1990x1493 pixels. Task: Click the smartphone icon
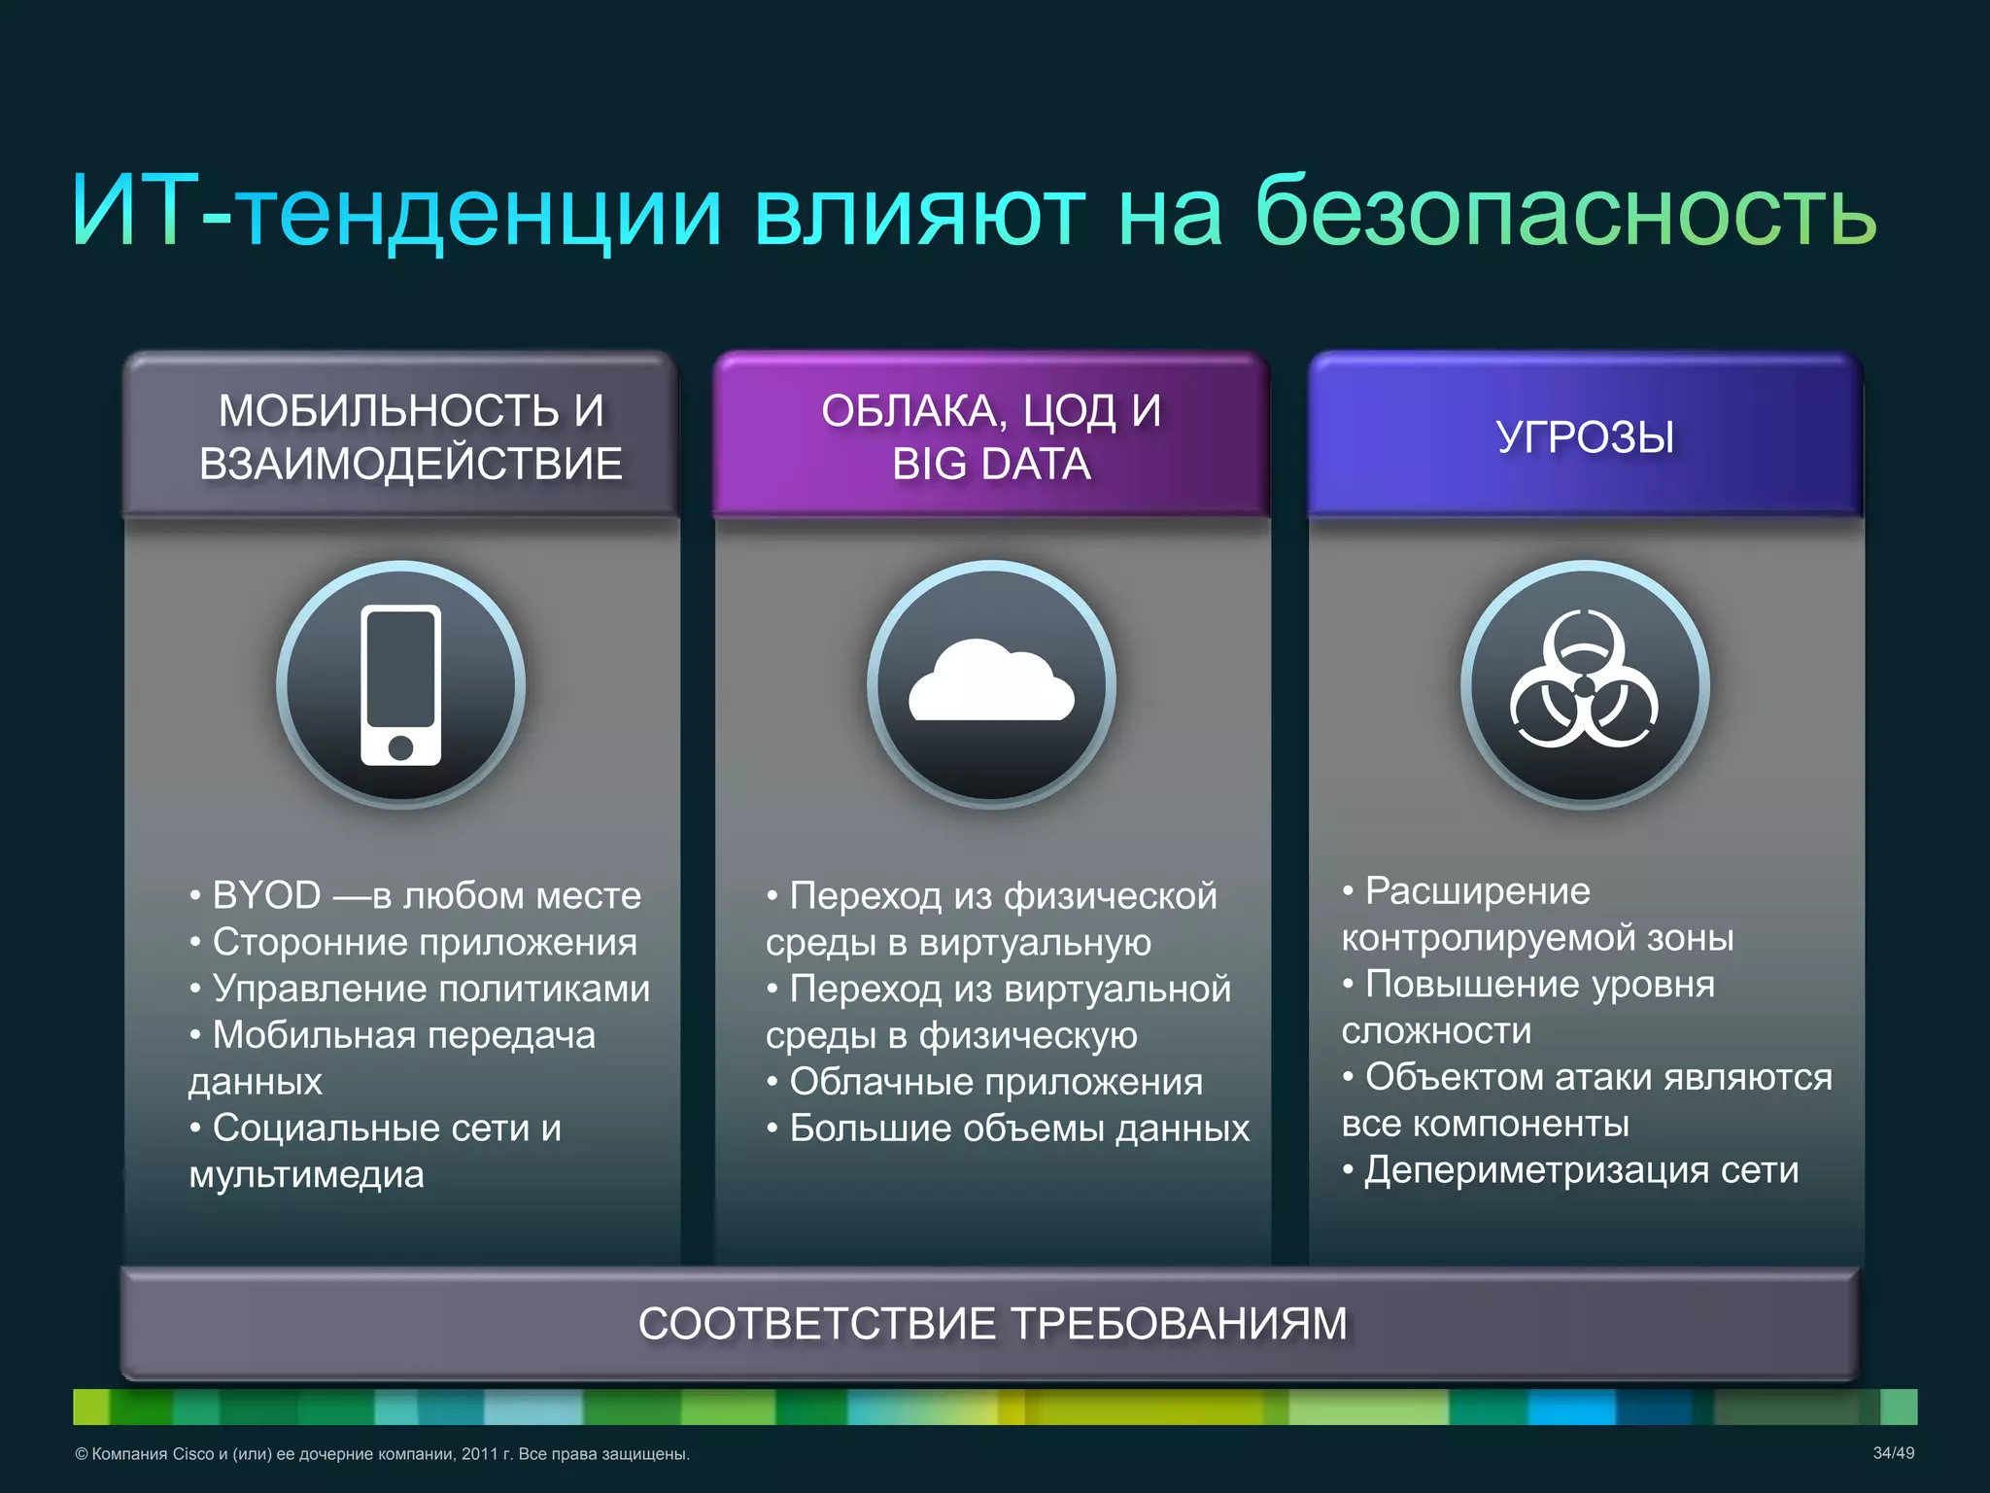[x=400, y=684]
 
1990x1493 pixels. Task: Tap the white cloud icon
[x=991, y=682]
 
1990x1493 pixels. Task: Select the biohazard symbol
[x=1584, y=680]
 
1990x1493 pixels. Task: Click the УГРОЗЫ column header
[x=1585, y=437]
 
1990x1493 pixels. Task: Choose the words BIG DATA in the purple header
[x=991, y=465]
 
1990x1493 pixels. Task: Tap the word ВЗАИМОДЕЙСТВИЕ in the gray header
[x=410, y=465]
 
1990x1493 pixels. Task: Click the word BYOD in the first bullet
[x=266, y=895]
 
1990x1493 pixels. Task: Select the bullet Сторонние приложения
[x=425, y=942]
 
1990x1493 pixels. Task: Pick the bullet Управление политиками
[x=430, y=989]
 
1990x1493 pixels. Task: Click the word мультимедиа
[x=306, y=1175]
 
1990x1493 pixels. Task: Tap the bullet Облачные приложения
[x=995, y=1082]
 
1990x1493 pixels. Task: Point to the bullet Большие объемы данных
[x=1018, y=1128]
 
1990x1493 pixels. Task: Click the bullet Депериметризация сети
[x=1581, y=1170]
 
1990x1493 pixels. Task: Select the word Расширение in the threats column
[x=1477, y=891]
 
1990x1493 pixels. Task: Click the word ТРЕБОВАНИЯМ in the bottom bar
[x=1179, y=1324]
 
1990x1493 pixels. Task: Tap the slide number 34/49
[x=1893, y=1453]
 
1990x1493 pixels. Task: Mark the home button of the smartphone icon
[x=400, y=747]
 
